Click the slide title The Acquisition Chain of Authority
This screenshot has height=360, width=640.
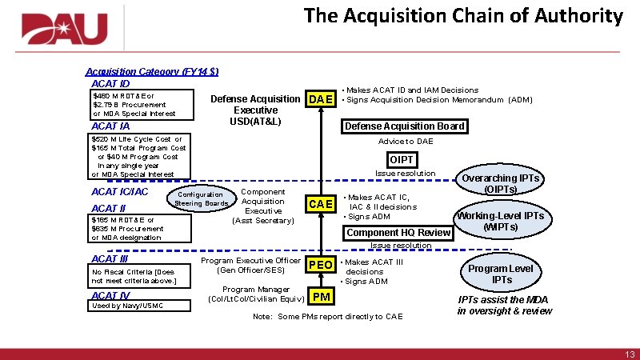(463, 15)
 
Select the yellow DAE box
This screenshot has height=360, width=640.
(321, 99)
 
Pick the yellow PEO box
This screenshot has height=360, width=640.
(321, 265)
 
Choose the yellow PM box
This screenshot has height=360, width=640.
(322, 298)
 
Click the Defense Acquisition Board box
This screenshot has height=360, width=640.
(404, 126)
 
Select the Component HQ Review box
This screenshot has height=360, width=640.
(398, 233)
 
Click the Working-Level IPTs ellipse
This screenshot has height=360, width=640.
(500, 222)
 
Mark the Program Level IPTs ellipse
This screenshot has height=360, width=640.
(502, 274)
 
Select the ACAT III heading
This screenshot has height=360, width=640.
(110, 258)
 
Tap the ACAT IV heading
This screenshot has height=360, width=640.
(110, 294)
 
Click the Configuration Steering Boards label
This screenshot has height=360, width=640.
(201, 198)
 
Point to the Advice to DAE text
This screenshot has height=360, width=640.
(406, 142)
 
